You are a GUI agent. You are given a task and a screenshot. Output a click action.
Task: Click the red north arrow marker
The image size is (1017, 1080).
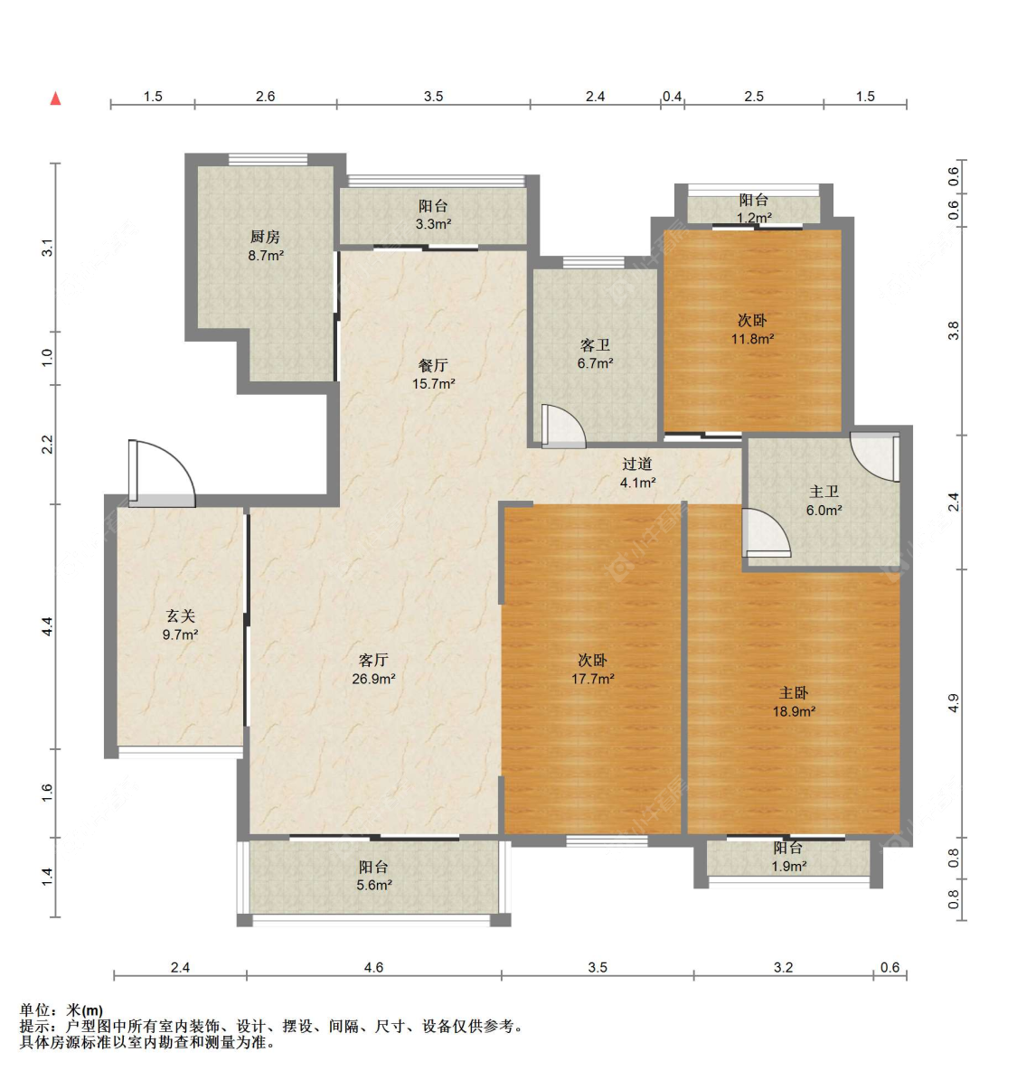pyautogui.click(x=56, y=99)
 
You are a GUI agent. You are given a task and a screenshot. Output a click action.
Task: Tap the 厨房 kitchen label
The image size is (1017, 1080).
pyautogui.click(x=265, y=237)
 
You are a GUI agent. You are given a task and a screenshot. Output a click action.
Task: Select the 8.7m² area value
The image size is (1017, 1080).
pyautogui.click(x=266, y=256)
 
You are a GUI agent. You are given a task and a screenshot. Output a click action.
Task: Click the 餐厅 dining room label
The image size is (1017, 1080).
pyautogui.click(x=433, y=365)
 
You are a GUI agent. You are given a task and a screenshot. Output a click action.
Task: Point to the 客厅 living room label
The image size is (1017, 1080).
pyautogui.click(x=373, y=660)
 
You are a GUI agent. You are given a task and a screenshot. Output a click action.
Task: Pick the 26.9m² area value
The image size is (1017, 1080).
pyautogui.click(x=373, y=679)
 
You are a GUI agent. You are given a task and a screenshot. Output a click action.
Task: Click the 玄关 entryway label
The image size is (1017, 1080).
pyautogui.click(x=180, y=615)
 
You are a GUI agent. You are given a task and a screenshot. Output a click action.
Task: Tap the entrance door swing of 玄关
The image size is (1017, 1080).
pyautogui.click(x=163, y=472)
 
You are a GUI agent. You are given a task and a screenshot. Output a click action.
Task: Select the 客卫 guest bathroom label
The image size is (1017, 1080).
pyautogui.click(x=595, y=345)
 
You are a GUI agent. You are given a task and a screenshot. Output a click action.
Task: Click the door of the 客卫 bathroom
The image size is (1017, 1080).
pyautogui.click(x=563, y=426)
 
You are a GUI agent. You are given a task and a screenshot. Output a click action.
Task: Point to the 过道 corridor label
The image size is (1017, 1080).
pyautogui.click(x=637, y=464)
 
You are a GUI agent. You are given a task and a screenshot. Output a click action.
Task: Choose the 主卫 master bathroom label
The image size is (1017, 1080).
pyautogui.click(x=824, y=492)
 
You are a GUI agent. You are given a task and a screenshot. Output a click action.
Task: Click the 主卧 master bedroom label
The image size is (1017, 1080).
pyautogui.click(x=794, y=692)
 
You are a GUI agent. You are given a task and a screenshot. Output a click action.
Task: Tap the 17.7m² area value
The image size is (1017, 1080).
pyautogui.click(x=593, y=679)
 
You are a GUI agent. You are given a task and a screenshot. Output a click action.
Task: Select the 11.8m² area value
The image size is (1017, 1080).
pyautogui.click(x=752, y=339)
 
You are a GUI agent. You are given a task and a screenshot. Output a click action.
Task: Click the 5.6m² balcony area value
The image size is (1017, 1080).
pyautogui.click(x=373, y=885)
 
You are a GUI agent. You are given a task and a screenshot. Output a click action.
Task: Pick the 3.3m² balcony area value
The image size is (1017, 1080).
pyautogui.click(x=433, y=224)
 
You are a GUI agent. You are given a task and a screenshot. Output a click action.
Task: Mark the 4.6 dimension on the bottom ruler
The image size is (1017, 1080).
pyautogui.click(x=373, y=967)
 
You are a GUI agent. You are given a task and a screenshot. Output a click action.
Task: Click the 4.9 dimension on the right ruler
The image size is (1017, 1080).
pyautogui.click(x=953, y=703)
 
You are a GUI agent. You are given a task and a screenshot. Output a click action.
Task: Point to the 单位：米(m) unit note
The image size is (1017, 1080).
pyautogui.click(x=61, y=1010)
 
